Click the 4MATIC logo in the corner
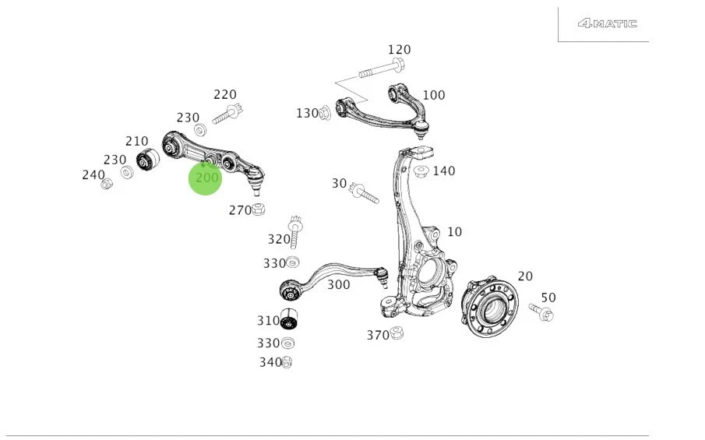click(607, 23)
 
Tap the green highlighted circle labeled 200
click(206, 178)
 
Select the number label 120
click(399, 50)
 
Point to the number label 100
click(433, 95)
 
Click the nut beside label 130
click(326, 114)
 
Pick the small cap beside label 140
click(421, 171)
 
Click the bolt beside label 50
click(541, 313)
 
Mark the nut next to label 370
click(396, 333)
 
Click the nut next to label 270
click(260, 209)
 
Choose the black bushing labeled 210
click(147, 161)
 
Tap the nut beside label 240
click(108, 183)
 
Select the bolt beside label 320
click(295, 231)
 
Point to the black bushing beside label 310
click(291, 319)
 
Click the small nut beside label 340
click(287, 362)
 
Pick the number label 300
click(338, 285)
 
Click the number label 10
click(454, 232)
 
